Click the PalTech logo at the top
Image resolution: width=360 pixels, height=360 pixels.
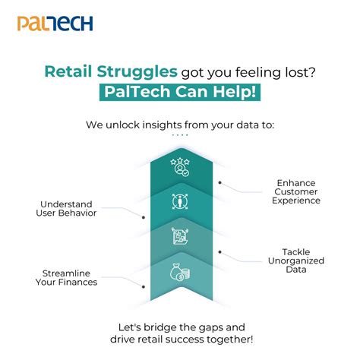(55, 23)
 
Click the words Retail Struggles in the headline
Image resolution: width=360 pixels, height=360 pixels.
(111, 72)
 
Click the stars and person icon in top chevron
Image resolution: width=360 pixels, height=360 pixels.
(180, 166)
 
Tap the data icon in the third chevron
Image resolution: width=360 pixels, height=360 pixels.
(180, 237)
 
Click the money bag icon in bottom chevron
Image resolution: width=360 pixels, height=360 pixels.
(180, 271)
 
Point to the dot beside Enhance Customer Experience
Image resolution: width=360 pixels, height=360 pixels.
(220, 182)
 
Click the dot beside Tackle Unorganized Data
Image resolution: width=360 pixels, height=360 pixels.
(220, 251)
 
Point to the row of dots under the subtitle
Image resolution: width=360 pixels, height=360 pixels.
(180, 134)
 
